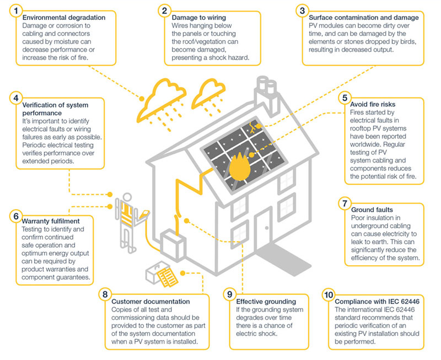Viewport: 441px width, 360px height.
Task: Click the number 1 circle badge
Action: [x=16, y=11]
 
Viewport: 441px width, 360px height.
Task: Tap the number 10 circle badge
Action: [x=329, y=295]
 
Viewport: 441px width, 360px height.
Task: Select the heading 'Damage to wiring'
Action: [x=199, y=18]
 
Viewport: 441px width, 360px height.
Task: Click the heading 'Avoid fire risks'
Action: [x=373, y=104]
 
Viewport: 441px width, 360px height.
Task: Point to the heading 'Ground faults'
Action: [x=372, y=210]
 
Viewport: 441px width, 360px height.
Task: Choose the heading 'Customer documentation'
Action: [x=150, y=302]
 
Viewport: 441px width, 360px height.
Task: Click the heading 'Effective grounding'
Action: [x=266, y=302]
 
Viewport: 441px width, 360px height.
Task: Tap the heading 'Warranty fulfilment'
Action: [x=51, y=221]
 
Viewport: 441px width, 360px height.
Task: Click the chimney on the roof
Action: [x=266, y=94]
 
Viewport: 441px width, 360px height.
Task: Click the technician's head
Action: [x=127, y=197]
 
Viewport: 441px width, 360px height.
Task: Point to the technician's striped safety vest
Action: [x=127, y=214]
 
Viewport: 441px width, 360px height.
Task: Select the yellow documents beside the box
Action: [x=168, y=277]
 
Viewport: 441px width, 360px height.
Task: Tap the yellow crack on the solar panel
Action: [x=252, y=127]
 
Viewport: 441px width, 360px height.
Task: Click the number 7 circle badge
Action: [x=345, y=203]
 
